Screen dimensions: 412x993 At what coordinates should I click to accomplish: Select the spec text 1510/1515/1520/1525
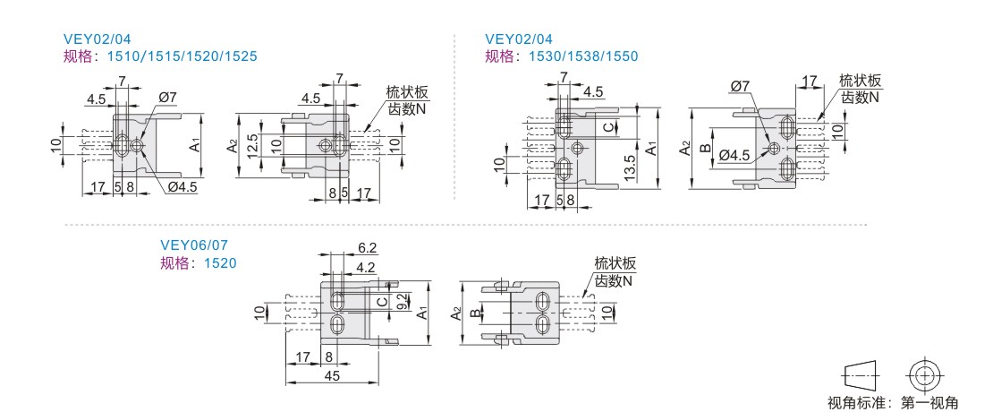[182, 56]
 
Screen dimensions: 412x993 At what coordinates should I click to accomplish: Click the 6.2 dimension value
[368, 248]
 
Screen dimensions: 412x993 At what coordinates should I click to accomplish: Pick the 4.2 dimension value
[365, 266]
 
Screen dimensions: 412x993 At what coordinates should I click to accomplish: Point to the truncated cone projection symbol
[861, 374]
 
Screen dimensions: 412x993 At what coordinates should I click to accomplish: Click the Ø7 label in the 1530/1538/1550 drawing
[740, 86]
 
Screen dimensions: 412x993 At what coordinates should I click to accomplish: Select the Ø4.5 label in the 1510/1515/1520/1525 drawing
[182, 186]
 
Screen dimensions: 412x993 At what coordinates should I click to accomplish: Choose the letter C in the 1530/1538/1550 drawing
[607, 128]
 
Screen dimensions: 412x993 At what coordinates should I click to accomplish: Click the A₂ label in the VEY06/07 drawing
[456, 313]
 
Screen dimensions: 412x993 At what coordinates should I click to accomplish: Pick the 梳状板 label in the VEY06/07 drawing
[615, 264]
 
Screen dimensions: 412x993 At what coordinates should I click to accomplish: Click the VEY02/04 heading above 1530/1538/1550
[519, 39]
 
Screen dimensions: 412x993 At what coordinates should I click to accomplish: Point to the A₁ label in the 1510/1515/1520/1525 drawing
[195, 143]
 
